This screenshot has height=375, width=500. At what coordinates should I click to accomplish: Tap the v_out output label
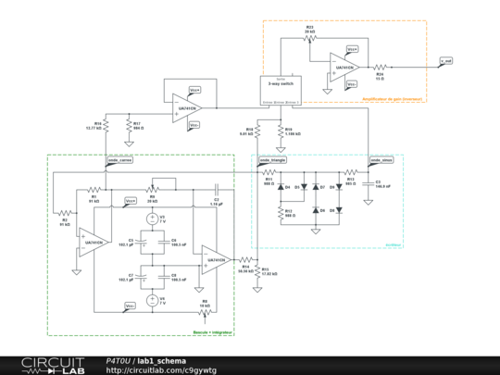(x=446, y=61)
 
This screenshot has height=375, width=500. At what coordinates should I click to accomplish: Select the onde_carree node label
(x=120, y=160)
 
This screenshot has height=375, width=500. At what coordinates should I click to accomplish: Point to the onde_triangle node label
(x=272, y=160)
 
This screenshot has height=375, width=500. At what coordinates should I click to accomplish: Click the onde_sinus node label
(x=381, y=160)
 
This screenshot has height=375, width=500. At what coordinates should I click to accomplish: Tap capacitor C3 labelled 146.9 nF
(x=368, y=183)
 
